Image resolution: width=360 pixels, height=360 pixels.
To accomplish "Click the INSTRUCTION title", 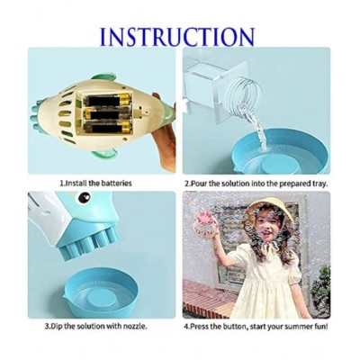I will (x=176, y=37).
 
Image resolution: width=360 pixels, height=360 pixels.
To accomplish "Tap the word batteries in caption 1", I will (x=112, y=182).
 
